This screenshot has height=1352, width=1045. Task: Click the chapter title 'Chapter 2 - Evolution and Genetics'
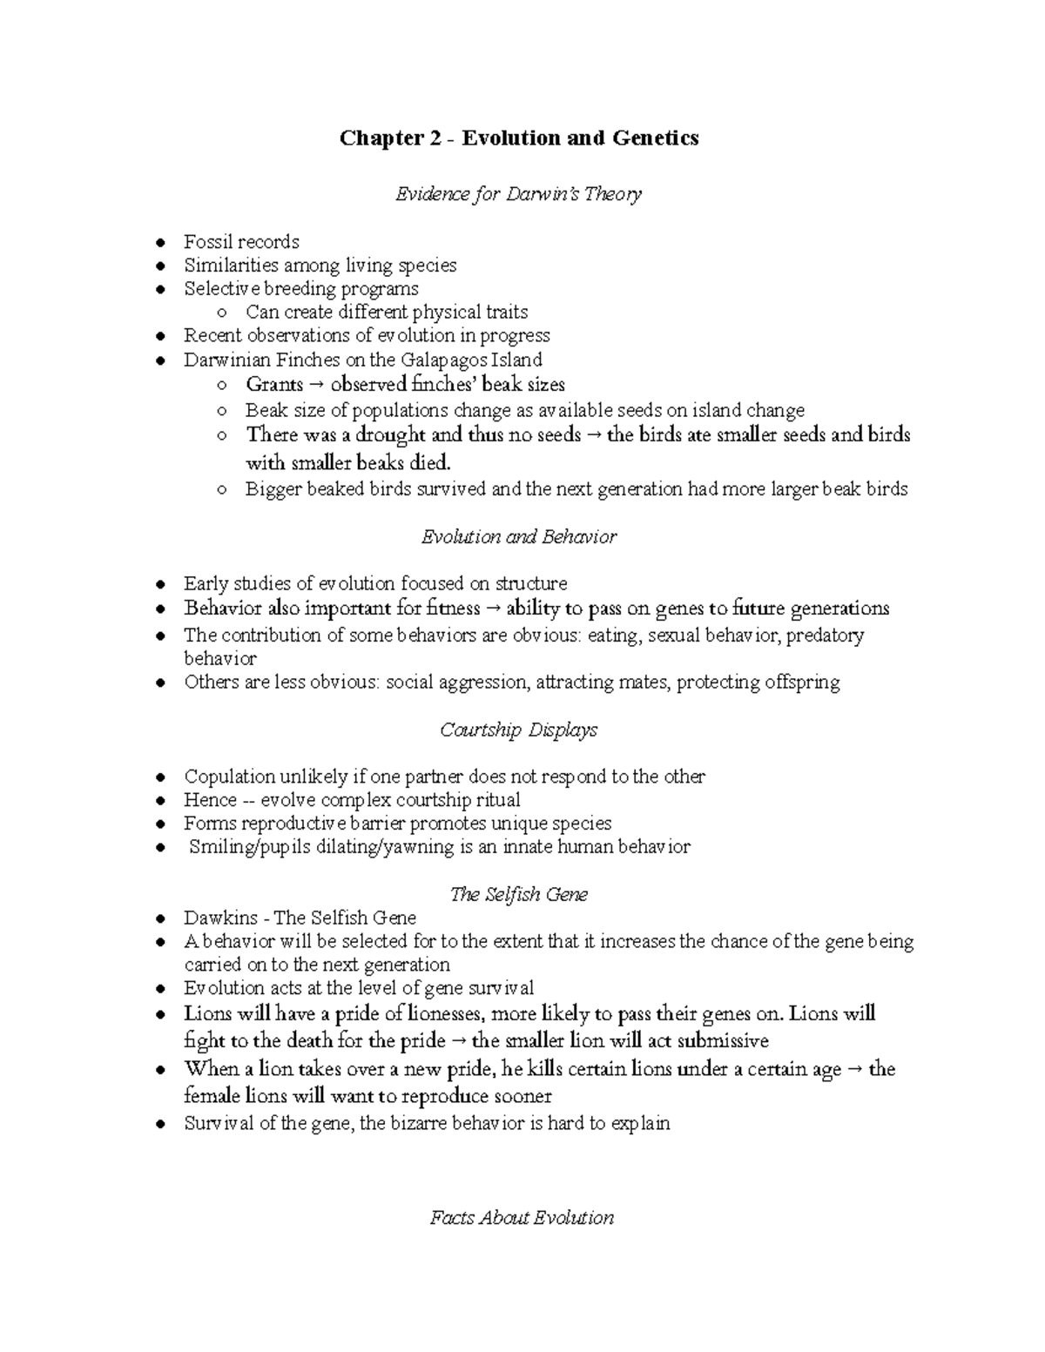pyautogui.click(x=519, y=138)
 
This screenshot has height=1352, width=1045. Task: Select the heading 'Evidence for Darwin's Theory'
pyautogui.click(x=519, y=194)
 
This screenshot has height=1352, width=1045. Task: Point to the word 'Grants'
pyautogui.click(x=274, y=384)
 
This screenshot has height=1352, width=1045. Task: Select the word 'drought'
pyautogui.click(x=390, y=434)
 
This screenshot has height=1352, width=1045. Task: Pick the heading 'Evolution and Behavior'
pyautogui.click(x=519, y=537)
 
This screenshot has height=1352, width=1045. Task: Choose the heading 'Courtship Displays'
pyautogui.click(x=519, y=730)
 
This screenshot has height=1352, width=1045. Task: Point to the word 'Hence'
pyautogui.click(x=210, y=800)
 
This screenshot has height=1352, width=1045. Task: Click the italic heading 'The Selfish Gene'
pyautogui.click(x=519, y=894)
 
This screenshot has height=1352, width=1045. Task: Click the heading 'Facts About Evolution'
pyautogui.click(x=522, y=1218)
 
